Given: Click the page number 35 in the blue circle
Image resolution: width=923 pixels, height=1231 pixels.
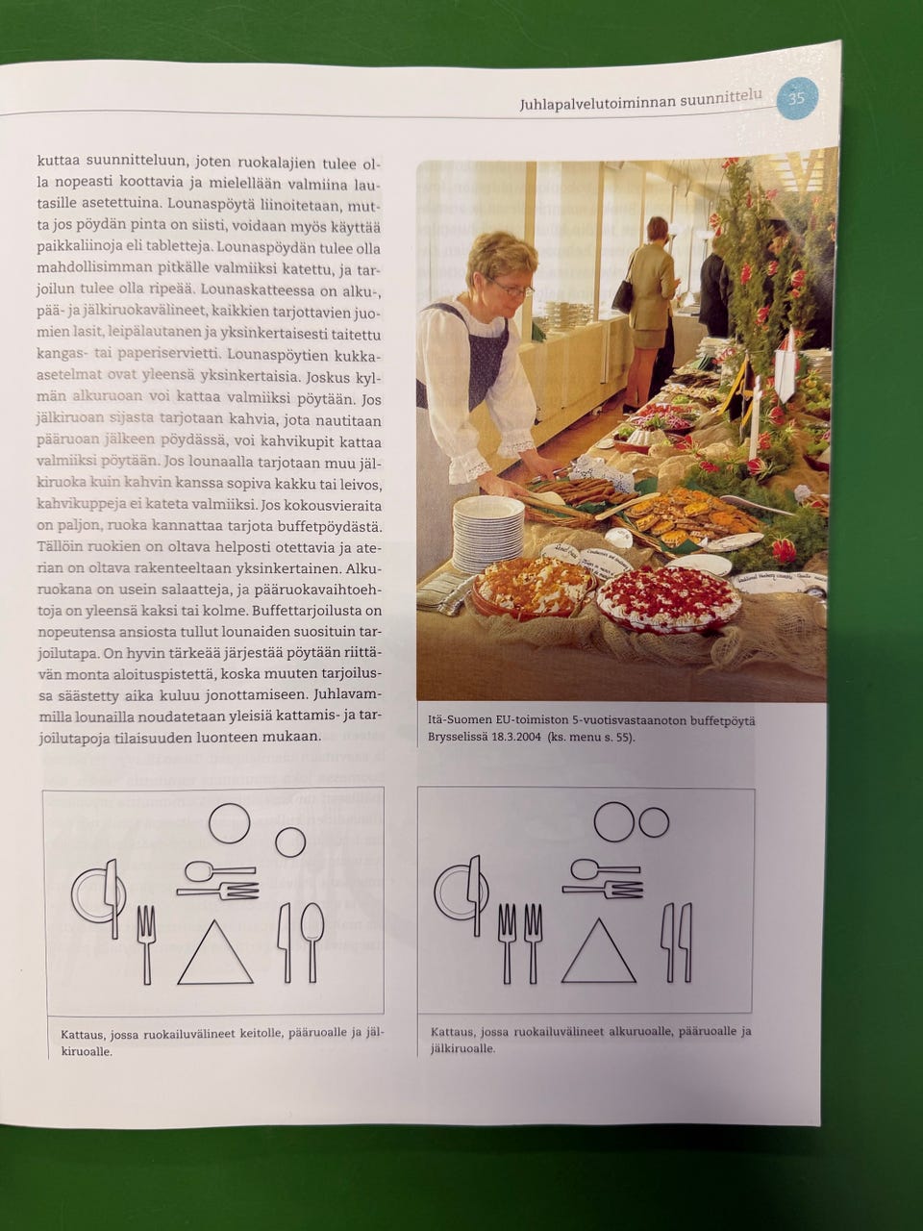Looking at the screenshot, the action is tap(796, 98).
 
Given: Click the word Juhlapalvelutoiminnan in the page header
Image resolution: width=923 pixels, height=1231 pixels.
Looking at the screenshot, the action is tap(597, 103).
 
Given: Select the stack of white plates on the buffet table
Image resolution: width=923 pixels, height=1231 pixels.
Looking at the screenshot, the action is tap(487, 534).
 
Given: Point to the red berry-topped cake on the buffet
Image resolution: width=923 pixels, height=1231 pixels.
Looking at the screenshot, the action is tap(668, 597).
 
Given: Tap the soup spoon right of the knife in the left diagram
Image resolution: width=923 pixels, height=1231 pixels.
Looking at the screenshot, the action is tap(312, 942).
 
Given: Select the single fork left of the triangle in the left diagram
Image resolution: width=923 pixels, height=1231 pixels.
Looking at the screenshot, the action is tap(146, 945).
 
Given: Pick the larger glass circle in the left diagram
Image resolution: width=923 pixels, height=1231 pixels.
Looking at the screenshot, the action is tap(229, 822).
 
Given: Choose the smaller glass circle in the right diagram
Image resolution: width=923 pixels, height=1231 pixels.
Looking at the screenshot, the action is tap(654, 822).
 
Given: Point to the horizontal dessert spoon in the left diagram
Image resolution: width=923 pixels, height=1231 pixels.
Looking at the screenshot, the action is tap(219, 871).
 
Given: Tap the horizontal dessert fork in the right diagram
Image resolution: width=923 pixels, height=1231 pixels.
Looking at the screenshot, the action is tap(603, 889).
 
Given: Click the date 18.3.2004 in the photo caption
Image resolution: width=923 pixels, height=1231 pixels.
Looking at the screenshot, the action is tap(516, 737).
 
